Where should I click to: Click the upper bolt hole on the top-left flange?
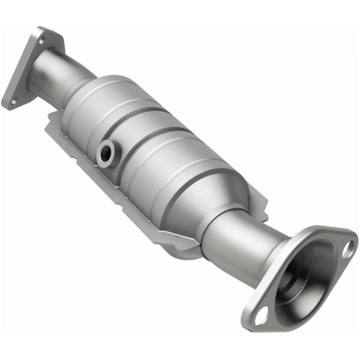(42, 40)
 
